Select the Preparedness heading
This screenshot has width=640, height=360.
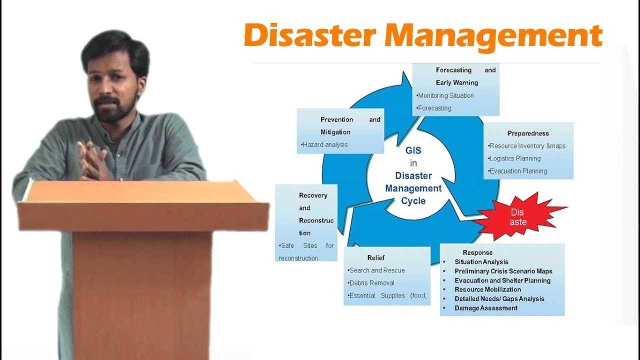[x=528, y=133]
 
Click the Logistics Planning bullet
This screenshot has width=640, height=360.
[x=515, y=158]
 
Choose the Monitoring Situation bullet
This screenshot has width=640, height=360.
[x=445, y=95]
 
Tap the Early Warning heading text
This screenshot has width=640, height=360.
[x=457, y=82]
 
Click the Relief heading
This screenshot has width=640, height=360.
[x=376, y=258]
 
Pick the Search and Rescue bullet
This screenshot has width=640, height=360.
[x=377, y=270]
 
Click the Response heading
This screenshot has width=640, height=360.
[x=477, y=252]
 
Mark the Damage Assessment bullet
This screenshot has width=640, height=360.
[x=486, y=308]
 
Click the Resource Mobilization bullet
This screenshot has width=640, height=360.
[x=487, y=289]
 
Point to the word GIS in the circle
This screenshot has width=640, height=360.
[x=413, y=150]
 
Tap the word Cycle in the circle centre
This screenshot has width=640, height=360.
[x=413, y=201]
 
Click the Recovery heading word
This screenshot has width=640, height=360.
[x=313, y=195]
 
